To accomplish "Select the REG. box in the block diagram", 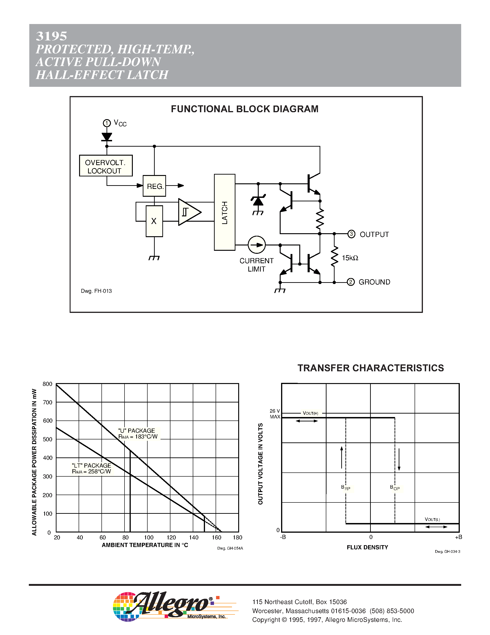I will tap(154, 186).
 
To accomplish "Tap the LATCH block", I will tap(224, 212).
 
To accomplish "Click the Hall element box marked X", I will tap(154, 221).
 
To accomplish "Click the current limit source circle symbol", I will tap(257, 245).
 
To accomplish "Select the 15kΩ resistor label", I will tap(350, 258).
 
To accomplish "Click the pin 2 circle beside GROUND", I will tap(351, 282).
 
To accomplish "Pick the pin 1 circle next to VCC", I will tap(107, 123).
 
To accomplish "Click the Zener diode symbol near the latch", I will tap(258, 201).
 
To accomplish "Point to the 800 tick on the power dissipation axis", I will tap(47, 384).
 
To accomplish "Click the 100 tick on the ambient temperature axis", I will tap(149, 538).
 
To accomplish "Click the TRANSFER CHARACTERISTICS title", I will tap(371, 368).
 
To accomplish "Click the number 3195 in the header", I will tap(51, 36).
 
